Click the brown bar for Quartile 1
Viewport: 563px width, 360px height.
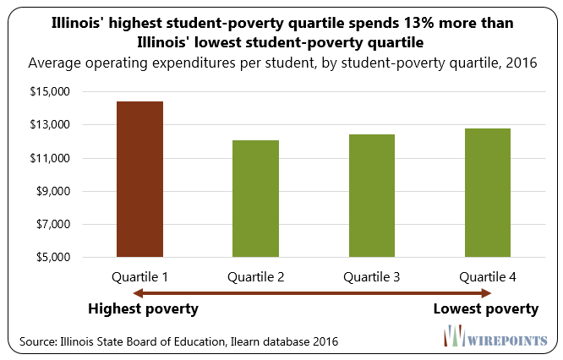click(139, 179)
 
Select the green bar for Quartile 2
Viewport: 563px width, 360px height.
click(255, 199)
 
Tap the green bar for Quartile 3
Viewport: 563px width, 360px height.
click(370, 195)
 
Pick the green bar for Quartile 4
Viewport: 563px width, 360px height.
click(486, 193)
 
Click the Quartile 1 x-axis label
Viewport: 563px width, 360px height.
click(139, 276)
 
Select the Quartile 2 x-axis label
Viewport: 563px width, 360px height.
click(255, 276)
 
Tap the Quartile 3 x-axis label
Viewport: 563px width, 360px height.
click(370, 276)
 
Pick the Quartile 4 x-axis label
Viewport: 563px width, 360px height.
click(486, 276)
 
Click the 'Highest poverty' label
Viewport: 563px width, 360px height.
click(143, 309)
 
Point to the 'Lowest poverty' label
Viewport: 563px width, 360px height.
click(485, 309)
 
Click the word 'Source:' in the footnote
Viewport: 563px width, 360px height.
click(38, 341)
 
